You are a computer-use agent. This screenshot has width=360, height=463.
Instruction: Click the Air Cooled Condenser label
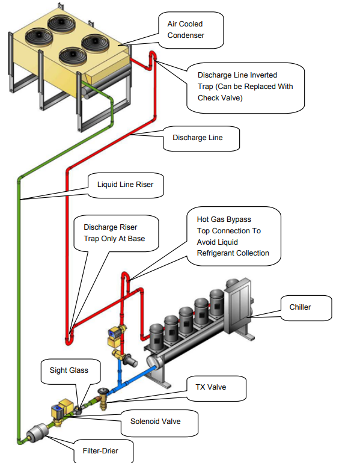tap(185, 29)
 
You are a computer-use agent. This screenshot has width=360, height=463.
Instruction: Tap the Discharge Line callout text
tap(197, 138)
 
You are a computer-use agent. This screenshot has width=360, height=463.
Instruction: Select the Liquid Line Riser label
tap(125, 185)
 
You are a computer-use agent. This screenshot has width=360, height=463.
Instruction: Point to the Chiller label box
tap(306, 308)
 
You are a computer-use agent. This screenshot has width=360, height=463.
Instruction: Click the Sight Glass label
tap(69, 370)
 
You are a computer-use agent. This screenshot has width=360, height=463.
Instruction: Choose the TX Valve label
tap(211, 387)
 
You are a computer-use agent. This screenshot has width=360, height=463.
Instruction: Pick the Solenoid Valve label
tap(155, 422)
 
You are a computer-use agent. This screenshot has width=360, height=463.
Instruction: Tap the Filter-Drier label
tap(100, 451)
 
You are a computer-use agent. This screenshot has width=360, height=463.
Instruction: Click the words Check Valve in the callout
tap(220, 98)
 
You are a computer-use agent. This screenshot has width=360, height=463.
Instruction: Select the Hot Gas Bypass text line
tap(224, 219)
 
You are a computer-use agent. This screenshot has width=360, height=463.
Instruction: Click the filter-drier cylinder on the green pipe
tap(37, 432)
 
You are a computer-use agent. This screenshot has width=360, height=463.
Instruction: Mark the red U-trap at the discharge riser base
tap(68, 340)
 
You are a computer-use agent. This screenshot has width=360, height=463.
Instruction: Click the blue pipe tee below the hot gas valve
tap(120, 384)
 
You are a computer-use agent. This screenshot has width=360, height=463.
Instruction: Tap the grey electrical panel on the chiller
tap(238, 304)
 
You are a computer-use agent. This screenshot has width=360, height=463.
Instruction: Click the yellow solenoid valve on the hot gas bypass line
tap(116, 336)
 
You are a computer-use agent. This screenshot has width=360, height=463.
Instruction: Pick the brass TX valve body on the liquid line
tap(103, 399)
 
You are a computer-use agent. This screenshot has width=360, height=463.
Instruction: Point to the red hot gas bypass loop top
tap(125, 275)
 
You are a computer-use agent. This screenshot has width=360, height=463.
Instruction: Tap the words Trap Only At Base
tap(114, 239)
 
